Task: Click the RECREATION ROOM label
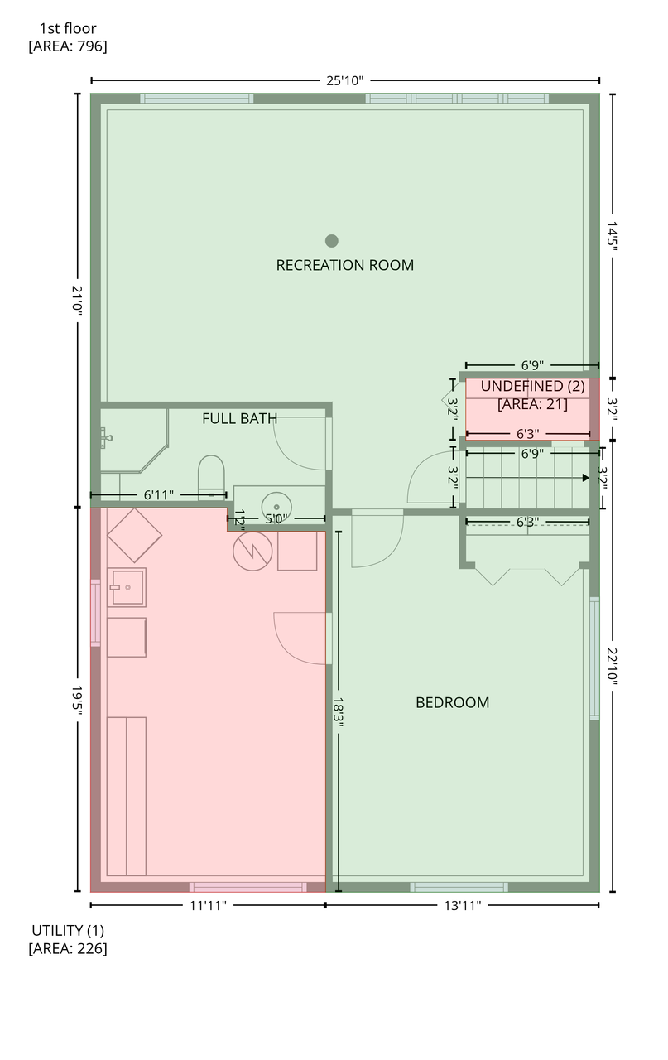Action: [345, 265]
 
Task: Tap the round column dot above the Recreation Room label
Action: [332, 241]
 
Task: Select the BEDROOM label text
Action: [452, 702]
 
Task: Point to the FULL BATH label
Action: [239, 418]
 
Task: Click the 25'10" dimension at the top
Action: [345, 80]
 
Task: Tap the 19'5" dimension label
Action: [78, 700]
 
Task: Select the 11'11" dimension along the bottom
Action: [208, 905]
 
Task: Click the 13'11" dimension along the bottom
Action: [462, 905]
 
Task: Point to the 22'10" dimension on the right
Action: [613, 667]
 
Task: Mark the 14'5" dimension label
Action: [613, 234]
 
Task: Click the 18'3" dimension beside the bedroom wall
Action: [338, 711]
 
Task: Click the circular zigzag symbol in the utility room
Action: [252, 551]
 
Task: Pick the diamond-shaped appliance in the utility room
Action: [134, 535]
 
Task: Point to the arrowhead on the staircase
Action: [586, 478]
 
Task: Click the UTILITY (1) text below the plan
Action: [68, 930]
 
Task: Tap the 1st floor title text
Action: [68, 28]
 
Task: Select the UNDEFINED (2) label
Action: [533, 386]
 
